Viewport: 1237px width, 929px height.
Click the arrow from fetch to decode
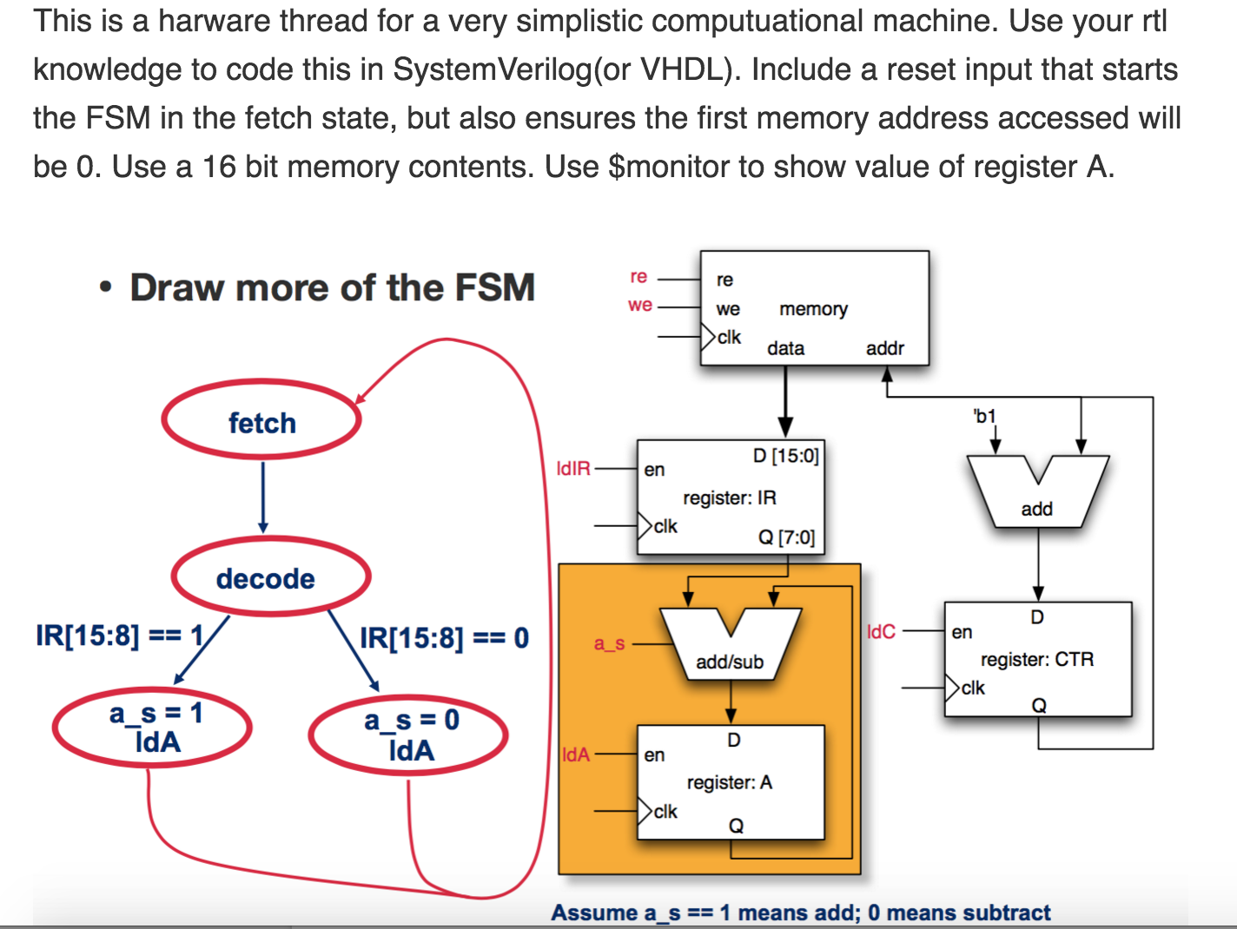point(262,497)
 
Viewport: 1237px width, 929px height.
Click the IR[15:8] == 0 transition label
point(444,638)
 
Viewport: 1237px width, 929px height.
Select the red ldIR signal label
point(573,469)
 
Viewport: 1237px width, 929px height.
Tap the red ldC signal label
point(881,632)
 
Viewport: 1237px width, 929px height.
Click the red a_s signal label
point(609,643)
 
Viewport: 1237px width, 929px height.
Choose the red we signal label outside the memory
point(640,306)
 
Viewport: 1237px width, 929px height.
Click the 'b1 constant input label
point(984,417)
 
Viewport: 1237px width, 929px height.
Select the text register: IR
point(730,498)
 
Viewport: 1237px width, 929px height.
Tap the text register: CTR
point(1037,659)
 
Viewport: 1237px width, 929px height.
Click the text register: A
point(730,782)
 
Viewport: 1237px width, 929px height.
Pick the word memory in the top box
point(813,309)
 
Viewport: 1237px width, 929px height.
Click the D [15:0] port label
point(786,455)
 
